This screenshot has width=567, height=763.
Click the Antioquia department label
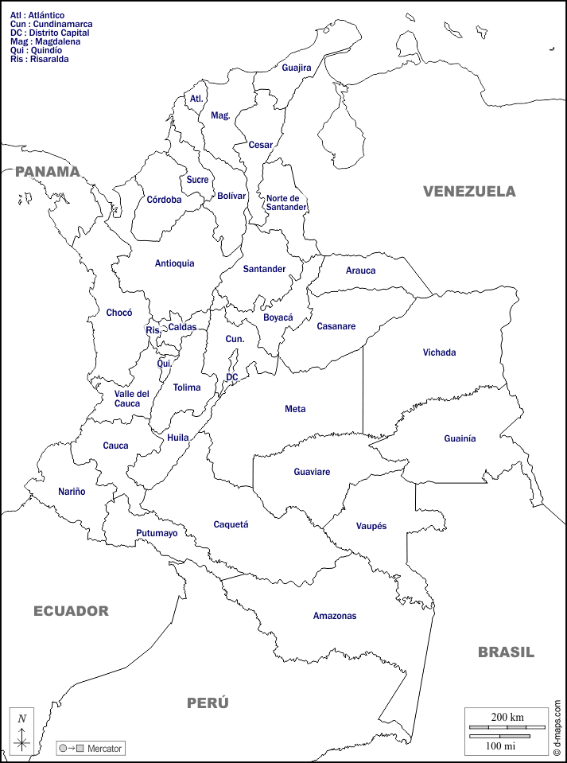[x=174, y=263]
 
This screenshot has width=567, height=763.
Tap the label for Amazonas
[x=334, y=616]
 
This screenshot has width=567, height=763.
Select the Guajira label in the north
[x=296, y=68]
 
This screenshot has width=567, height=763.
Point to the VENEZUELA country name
[x=468, y=191]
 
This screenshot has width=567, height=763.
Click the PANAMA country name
[x=48, y=171]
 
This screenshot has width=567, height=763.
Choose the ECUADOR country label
[x=71, y=611]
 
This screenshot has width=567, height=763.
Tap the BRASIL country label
[x=506, y=652]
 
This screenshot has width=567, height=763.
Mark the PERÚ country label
[x=208, y=703]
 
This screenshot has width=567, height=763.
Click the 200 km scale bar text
[x=507, y=717]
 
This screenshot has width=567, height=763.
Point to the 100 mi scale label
[x=500, y=745]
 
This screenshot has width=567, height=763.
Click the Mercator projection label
[x=104, y=749]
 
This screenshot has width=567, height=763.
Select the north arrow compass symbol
[x=22, y=732]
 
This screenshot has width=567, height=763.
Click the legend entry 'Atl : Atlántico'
[x=37, y=15]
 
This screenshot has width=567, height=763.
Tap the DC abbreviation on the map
[x=231, y=377]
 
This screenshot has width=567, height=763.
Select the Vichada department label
[x=439, y=352]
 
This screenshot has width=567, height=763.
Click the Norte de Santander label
[x=285, y=203]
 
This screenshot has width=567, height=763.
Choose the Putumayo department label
[x=157, y=533]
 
